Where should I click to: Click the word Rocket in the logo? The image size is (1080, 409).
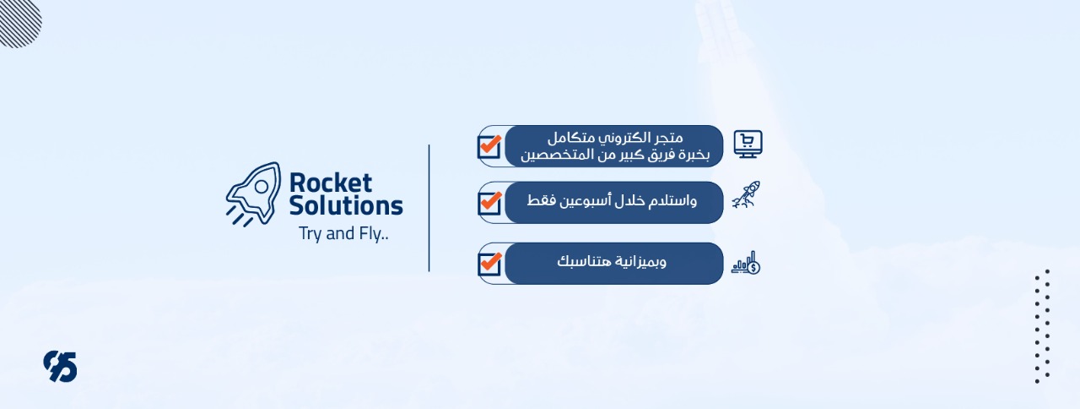pos(330,183)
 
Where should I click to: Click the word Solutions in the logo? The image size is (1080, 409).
pos(346,205)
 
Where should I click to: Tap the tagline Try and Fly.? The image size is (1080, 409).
pos(343,234)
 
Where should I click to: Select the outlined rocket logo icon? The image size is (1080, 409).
pos(254,194)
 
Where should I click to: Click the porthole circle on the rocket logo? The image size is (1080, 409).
pos(262,187)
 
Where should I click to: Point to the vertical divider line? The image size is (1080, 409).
pos(429,208)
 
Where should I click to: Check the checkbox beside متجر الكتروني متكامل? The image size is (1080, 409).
pos(489,146)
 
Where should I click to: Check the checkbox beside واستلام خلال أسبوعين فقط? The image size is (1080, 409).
pos(489,203)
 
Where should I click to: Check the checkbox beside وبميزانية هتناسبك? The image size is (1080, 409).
pos(489,264)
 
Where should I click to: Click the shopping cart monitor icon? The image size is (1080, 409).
pos(748,144)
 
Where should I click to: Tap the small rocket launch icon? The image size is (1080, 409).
pos(746,195)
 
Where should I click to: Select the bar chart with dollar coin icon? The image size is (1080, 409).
pos(746,263)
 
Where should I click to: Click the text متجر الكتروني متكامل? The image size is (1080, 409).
pos(615,138)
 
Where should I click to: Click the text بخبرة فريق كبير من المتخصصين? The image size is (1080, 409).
pos(615,155)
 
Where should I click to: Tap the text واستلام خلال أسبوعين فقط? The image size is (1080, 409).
pos(612,200)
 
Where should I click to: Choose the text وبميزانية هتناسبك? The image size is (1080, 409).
pos(612,262)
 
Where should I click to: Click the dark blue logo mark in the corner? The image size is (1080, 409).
pos(60,367)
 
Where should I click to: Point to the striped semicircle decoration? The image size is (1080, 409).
pos(19,23)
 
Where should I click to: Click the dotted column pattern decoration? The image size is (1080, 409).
pos(1042,327)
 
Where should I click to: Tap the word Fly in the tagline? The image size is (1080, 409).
pos(372,234)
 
